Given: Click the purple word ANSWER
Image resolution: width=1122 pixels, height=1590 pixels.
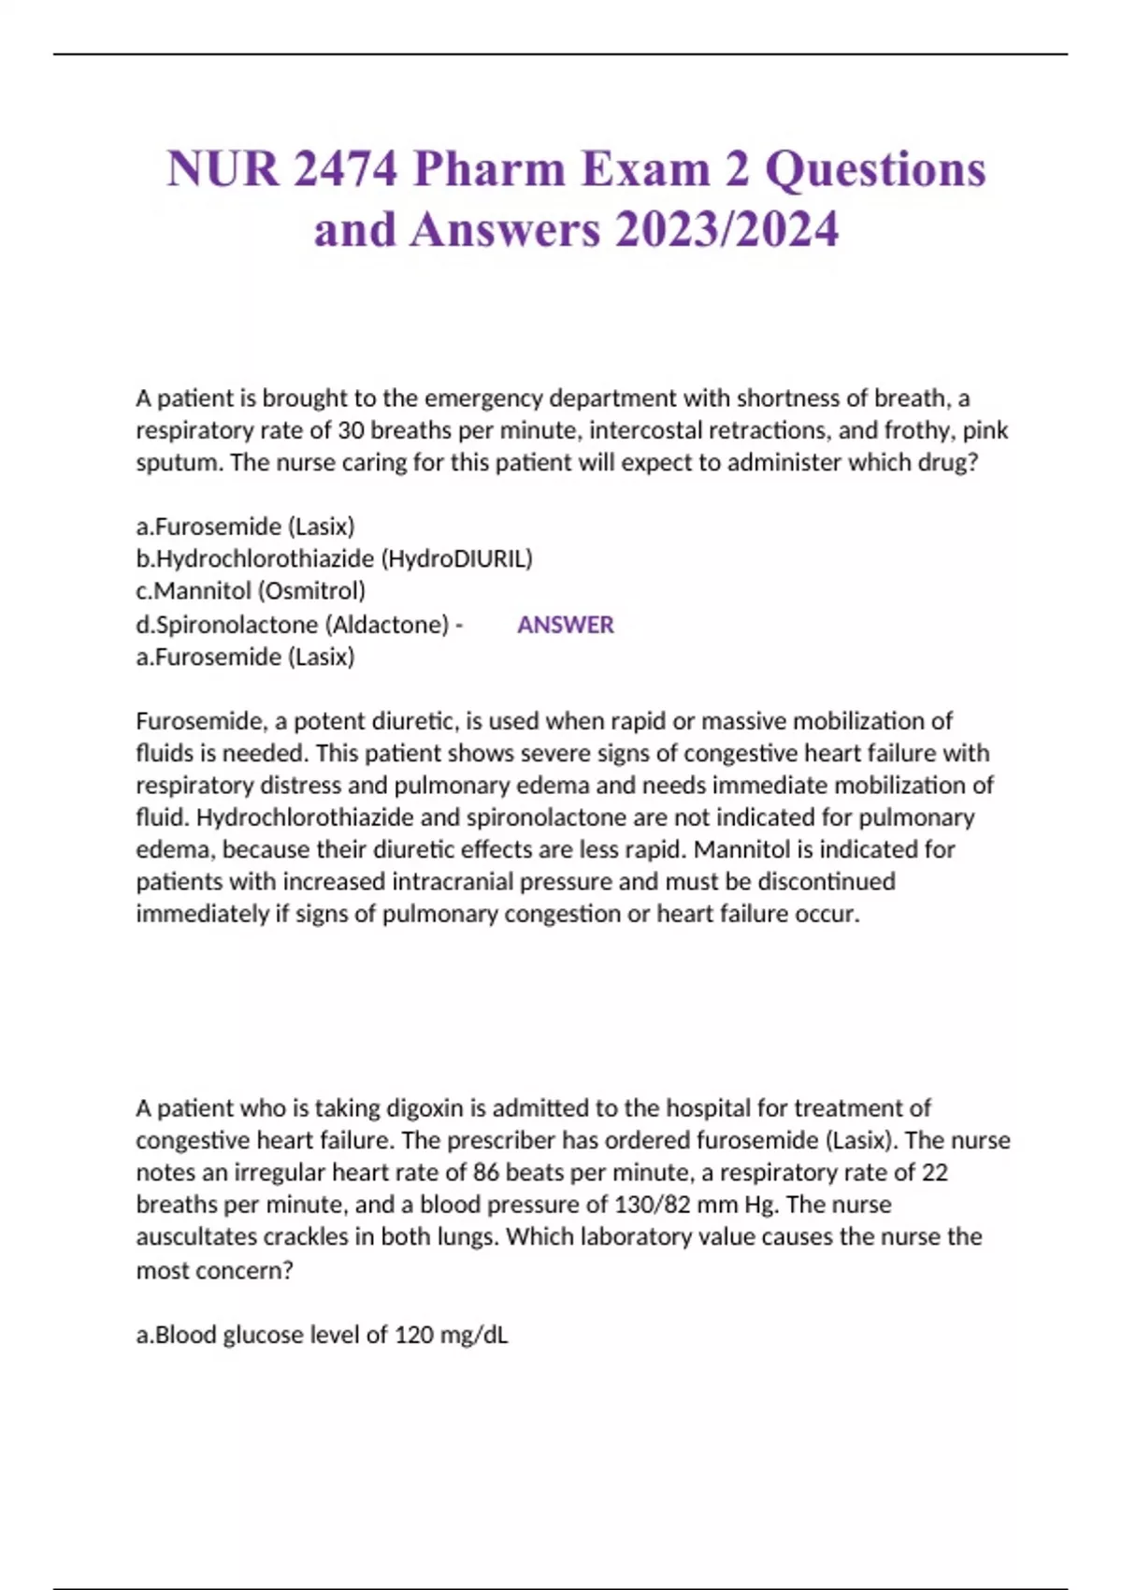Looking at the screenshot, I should coord(566,625).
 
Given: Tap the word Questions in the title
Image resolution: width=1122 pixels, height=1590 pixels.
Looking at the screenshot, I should coord(875,169).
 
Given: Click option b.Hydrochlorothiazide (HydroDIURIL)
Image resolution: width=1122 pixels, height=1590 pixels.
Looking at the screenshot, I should coord(334,558).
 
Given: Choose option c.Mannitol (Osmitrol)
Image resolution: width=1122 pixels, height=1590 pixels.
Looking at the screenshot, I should coord(251,591).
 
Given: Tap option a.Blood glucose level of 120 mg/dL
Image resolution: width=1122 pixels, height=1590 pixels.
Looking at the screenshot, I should coord(322,1335).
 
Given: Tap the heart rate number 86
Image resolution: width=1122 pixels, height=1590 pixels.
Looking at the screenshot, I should coord(486,1173).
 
